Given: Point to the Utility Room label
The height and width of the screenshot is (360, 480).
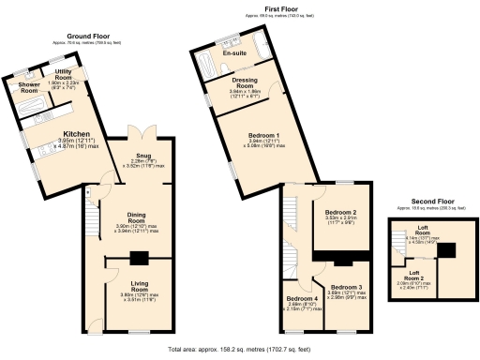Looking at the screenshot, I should click(65, 73).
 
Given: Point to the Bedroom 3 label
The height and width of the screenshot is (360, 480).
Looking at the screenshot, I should click(346, 288).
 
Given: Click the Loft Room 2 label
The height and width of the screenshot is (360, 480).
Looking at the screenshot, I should click(408, 278).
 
